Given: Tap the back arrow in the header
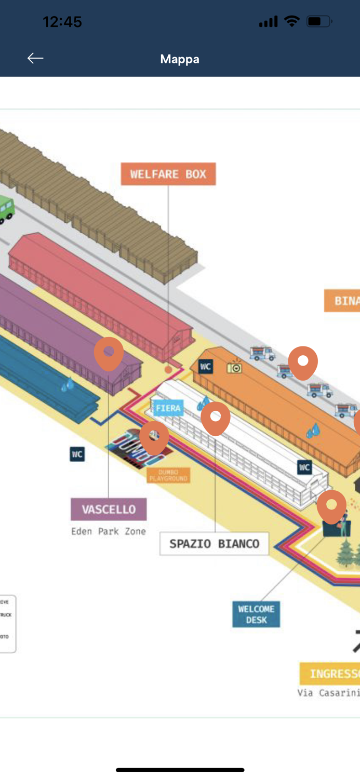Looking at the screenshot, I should pos(35,58).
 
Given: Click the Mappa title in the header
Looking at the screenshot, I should pos(180,59).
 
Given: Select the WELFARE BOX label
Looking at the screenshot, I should pos(168,174).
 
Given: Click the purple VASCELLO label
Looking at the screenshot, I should pos(109,509).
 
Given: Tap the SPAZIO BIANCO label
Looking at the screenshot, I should pos(214,544).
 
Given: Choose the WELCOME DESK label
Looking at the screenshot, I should pos(256,614).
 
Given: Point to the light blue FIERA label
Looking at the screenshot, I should pos(168,409).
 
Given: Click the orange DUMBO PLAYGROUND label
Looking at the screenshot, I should pos(168,475).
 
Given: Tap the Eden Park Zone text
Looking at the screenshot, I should pos(109,531).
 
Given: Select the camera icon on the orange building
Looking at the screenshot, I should pos(235,367).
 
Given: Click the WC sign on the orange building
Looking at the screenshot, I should pos(206,367).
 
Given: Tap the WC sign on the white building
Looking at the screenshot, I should pos(304,467).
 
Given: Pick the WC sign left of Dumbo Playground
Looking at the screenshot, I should pos(77,454).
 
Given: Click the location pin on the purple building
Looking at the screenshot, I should pos(109,353).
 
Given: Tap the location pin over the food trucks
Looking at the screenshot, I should pos(303,361).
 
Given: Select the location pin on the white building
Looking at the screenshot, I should pos(216,417).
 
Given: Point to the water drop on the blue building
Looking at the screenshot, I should pos(67,385).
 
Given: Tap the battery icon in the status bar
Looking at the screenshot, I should pos(318,22).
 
